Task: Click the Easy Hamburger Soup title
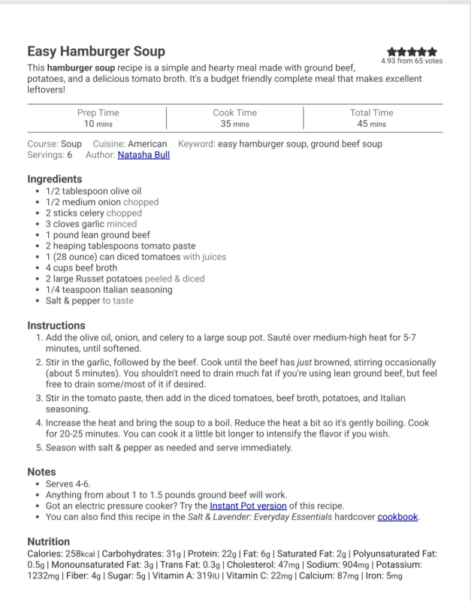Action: coord(96,52)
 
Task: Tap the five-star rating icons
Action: coord(412,52)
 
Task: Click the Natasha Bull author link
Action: coord(143,156)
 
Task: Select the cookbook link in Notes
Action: coord(397,518)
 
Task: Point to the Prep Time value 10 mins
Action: coord(98,124)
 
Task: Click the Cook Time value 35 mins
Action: coord(236,124)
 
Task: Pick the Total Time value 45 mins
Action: coord(372,124)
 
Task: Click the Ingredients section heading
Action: coord(55,180)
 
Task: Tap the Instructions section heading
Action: coord(56,326)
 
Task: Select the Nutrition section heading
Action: coord(49,542)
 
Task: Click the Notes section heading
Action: coord(42,473)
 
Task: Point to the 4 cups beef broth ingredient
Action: coord(81,267)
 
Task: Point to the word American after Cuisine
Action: coord(147,144)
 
